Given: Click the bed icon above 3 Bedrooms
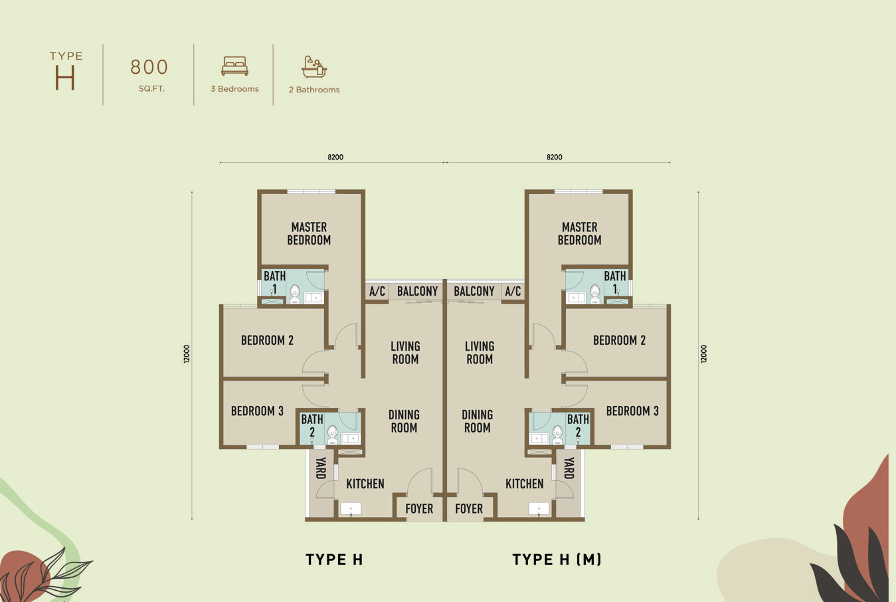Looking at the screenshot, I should click(x=234, y=66).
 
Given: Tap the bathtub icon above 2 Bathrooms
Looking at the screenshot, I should click(x=314, y=66).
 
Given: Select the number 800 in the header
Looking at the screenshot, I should click(x=149, y=67).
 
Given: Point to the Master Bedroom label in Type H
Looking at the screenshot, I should click(x=309, y=234).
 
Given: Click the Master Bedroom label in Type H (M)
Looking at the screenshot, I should click(x=579, y=234).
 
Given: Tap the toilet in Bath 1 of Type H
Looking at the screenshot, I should click(x=295, y=292).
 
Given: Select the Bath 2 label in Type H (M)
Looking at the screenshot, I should click(x=578, y=425).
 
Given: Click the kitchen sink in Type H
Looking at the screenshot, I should click(x=351, y=509).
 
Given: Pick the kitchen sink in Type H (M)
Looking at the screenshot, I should click(x=539, y=509).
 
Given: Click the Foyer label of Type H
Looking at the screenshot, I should click(x=419, y=509).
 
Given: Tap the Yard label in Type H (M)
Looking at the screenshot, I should click(x=569, y=468).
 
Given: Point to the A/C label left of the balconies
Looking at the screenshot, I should click(x=377, y=292).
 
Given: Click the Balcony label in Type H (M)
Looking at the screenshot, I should click(x=474, y=292).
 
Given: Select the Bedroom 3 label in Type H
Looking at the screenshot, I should click(x=257, y=411).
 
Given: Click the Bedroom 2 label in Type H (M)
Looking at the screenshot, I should click(x=619, y=340).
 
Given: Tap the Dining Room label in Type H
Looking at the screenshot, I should click(x=404, y=421).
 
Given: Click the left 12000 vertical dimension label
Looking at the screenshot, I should click(x=187, y=353).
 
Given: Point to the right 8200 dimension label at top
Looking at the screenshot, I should click(x=554, y=157).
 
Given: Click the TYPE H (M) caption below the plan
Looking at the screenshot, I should click(x=557, y=559).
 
